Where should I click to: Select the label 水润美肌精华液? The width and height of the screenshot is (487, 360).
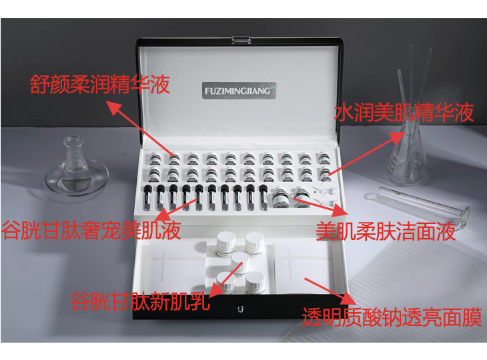pyautogui.click(x=404, y=112)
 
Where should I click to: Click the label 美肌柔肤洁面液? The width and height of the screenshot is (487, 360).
pyautogui.click(x=386, y=231)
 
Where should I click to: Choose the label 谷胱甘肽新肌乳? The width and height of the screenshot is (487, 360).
pyautogui.click(x=141, y=301)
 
